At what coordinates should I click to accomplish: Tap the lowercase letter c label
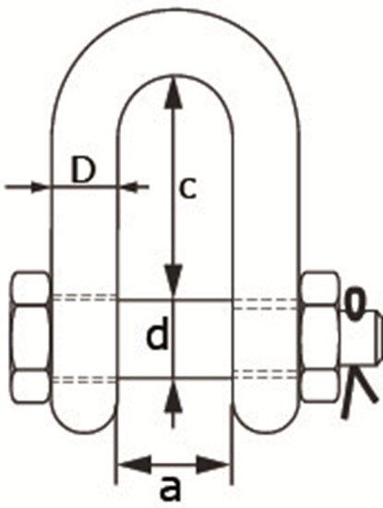click(187, 188)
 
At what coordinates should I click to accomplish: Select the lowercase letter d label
click(158, 333)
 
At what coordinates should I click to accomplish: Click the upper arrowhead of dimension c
click(174, 91)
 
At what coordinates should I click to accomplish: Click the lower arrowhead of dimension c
click(174, 281)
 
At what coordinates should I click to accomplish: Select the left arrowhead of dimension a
click(135, 465)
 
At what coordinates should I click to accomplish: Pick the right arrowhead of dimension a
click(212, 465)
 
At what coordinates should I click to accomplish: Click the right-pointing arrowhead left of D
click(39, 187)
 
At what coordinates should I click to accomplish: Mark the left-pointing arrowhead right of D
click(129, 187)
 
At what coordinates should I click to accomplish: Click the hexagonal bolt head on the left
click(30, 338)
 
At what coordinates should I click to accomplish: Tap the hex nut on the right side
click(320, 337)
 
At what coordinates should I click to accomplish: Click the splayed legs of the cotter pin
click(358, 391)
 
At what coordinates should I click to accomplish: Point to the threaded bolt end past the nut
click(361, 338)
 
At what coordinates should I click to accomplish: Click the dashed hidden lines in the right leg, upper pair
click(266, 304)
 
